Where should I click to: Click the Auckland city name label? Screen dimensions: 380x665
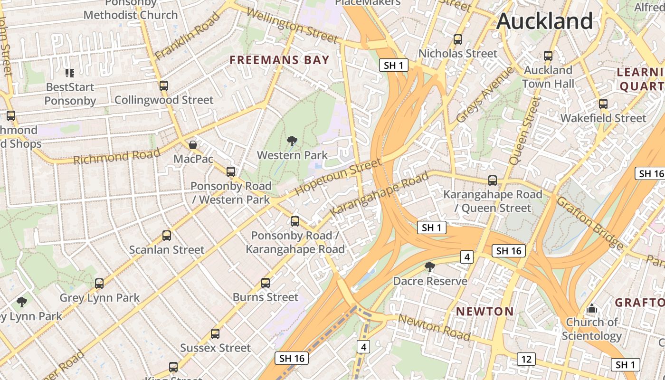click(544, 21)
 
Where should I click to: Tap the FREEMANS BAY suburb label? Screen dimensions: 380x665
click(279, 60)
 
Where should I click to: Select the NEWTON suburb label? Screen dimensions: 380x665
click(484, 312)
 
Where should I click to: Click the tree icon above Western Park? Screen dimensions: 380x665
click(292, 141)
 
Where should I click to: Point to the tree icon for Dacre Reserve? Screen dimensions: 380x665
click(430, 267)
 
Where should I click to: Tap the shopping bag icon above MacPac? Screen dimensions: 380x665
click(193, 144)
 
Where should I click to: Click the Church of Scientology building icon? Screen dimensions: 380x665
click(591, 309)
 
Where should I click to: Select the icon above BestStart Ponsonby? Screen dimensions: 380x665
click(70, 73)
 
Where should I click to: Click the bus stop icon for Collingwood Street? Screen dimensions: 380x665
click(164, 86)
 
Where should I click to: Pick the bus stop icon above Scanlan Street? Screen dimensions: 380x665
click(167, 236)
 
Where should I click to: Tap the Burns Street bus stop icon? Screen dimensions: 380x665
click(266, 283)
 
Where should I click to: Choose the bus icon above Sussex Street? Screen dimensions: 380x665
click(215, 334)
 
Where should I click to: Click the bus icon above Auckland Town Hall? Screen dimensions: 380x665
click(548, 56)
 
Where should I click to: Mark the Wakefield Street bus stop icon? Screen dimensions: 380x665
click(603, 104)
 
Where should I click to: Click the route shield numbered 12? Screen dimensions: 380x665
click(526, 359)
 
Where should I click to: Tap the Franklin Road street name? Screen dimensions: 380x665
click(188, 36)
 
